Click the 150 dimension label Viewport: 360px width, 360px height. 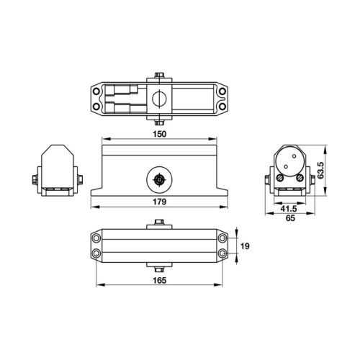[160, 134]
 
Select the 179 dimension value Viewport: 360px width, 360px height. [160, 202]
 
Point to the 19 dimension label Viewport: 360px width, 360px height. [244, 246]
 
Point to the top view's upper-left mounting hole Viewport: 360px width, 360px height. [97, 91]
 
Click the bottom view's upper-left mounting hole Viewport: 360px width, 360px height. [97, 238]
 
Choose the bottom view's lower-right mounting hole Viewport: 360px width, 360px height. [222, 253]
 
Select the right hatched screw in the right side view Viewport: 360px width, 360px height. [297, 176]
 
